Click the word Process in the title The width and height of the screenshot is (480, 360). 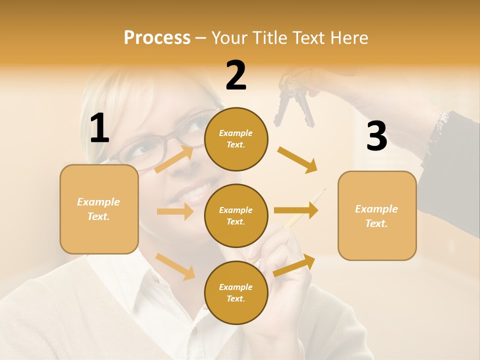pos(157,38)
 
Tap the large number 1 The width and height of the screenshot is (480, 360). pos(99,128)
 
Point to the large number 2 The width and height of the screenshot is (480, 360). pos(236,75)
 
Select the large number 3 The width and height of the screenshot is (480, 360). pos(376,136)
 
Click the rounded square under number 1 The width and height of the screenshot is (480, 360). pos(99,209)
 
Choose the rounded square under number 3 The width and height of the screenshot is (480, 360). pos(377,215)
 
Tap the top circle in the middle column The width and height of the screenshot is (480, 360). pos(236,139)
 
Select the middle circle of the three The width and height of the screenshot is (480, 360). pos(236,215)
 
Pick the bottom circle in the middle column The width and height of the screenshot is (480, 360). pos(236,292)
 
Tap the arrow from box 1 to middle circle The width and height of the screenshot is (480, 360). pos(175,211)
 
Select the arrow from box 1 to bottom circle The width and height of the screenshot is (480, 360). pos(175,266)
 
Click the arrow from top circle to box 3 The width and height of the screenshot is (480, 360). pos(297,159)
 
